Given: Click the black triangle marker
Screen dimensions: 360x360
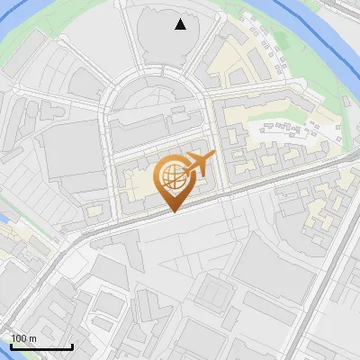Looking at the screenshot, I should pyautogui.click(x=181, y=24).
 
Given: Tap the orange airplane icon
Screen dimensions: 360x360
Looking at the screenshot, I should pyautogui.click(x=198, y=166).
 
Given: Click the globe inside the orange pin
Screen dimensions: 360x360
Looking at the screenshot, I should pyautogui.click(x=172, y=177).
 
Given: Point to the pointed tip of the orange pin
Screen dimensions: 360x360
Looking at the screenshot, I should pyautogui.click(x=173, y=211).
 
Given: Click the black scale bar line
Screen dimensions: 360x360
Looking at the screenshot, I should pyautogui.click(x=41, y=347).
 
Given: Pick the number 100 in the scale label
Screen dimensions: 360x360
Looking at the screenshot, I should pyautogui.click(x=18, y=338).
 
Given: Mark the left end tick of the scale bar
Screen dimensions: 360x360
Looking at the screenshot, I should pyautogui.click(x=11, y=346).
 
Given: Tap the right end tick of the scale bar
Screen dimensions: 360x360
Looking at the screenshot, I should pyautogui.click(x=72, y=346).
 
